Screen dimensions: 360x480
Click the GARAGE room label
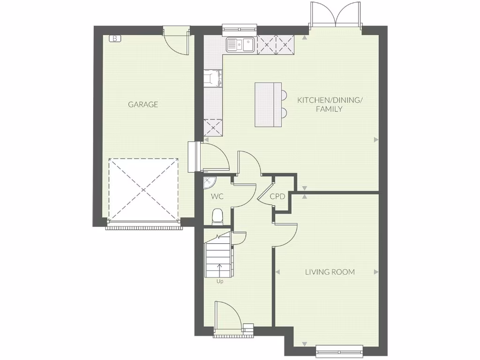point(143,105)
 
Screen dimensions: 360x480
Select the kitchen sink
point(240,45)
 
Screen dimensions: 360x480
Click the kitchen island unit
point(268,105)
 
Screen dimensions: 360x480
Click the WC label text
point(217,196)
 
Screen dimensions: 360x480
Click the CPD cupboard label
point(277,196)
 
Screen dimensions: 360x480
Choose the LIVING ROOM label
point(330,272)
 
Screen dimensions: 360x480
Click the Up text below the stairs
point(219,282)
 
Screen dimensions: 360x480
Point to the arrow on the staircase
point(219,270)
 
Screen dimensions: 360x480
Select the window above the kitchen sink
point(239,28)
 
